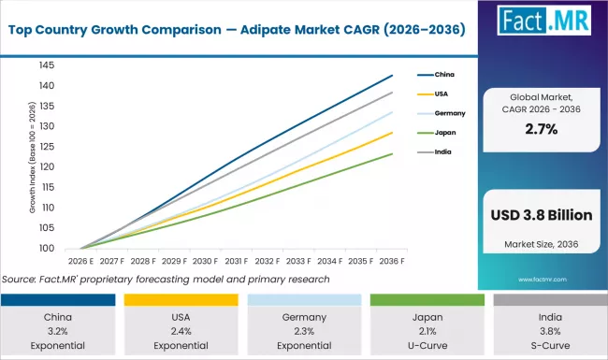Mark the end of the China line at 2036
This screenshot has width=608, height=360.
click(x=392, y=75)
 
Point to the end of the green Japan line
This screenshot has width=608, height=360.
click(x=392, y=153)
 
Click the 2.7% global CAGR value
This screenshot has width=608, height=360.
click(x=541, y=128)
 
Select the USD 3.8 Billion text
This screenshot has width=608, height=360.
click(x=541, y=215)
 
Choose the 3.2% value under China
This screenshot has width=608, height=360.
click(x=57, y=330)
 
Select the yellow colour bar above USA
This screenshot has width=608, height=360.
click(x=181, y=299)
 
